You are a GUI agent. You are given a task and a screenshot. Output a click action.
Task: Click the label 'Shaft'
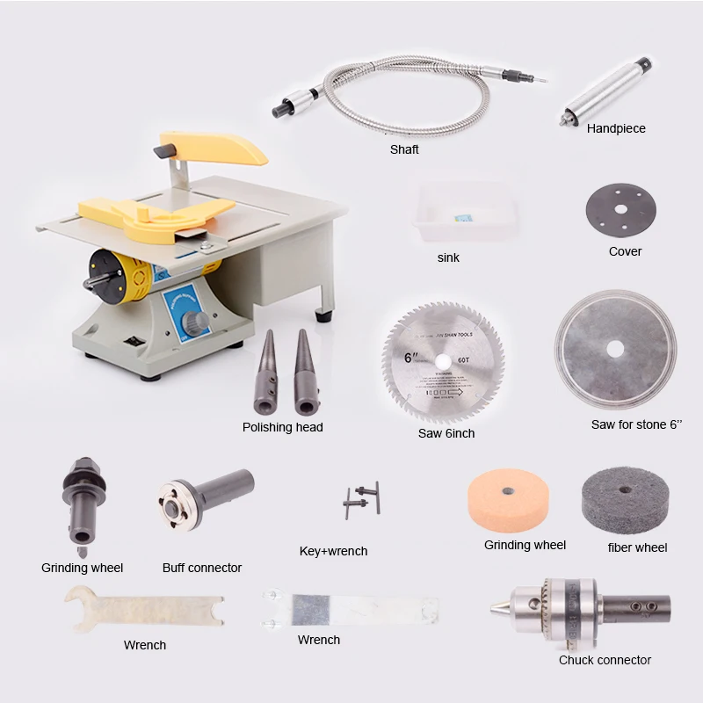404,149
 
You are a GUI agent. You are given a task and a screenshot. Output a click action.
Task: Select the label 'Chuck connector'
605,660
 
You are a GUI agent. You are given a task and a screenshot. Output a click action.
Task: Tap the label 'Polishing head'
282,427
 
